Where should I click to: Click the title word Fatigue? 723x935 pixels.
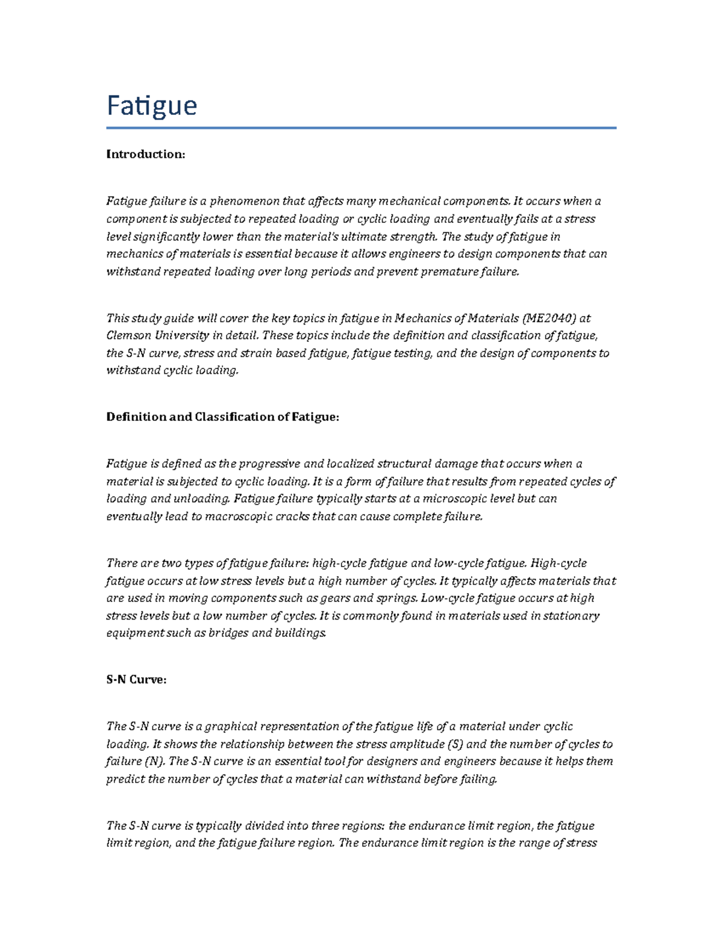click(152, 107)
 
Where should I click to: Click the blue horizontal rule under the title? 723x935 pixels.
click(361, 128)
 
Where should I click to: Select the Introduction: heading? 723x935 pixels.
click(145, 154)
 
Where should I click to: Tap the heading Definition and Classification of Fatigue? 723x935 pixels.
click(222, 417)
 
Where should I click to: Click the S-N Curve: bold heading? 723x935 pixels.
click(136, 679)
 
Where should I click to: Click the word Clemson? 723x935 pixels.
click(127, 335)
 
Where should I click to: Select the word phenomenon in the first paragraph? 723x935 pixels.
click(241, 201)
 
